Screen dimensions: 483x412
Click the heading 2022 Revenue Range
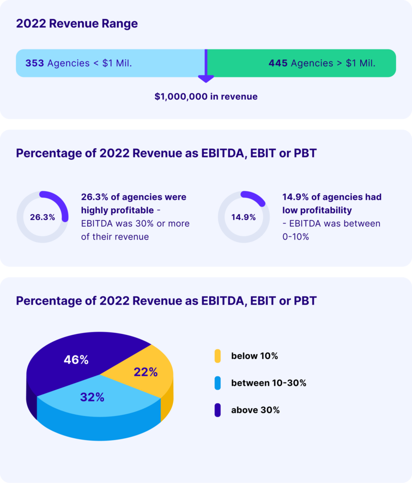click(x=77, y=24)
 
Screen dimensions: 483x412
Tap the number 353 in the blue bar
click(x=34, y=63)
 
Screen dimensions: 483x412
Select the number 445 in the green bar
click(x=278, y=63)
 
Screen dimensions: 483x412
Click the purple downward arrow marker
click(x=206, y=75)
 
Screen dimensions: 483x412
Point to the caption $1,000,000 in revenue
click(x=206, y=97)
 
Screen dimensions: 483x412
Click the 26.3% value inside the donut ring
click(x=42, y=217)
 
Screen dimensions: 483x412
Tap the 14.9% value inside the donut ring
click(x=243, y=217)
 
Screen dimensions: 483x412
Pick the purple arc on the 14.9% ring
click(x=255, y=198)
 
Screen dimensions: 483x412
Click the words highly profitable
click(x=110, y=210)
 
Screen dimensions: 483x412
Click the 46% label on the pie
click(x=76, y=360)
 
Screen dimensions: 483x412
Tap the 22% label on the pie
click(x=145, y=372)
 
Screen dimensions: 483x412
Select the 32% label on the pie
click(x=92, y=397)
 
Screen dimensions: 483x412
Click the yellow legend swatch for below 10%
click(x=217, y=356)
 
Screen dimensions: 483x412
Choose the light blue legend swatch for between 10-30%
click(x=217, y=383)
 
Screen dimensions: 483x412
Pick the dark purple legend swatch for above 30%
click(x=217, y=410)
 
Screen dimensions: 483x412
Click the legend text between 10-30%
click(x=269, y=383)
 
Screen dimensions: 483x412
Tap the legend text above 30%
click(x=255, y=410)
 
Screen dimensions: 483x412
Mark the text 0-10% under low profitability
click(x=296, y=237)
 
